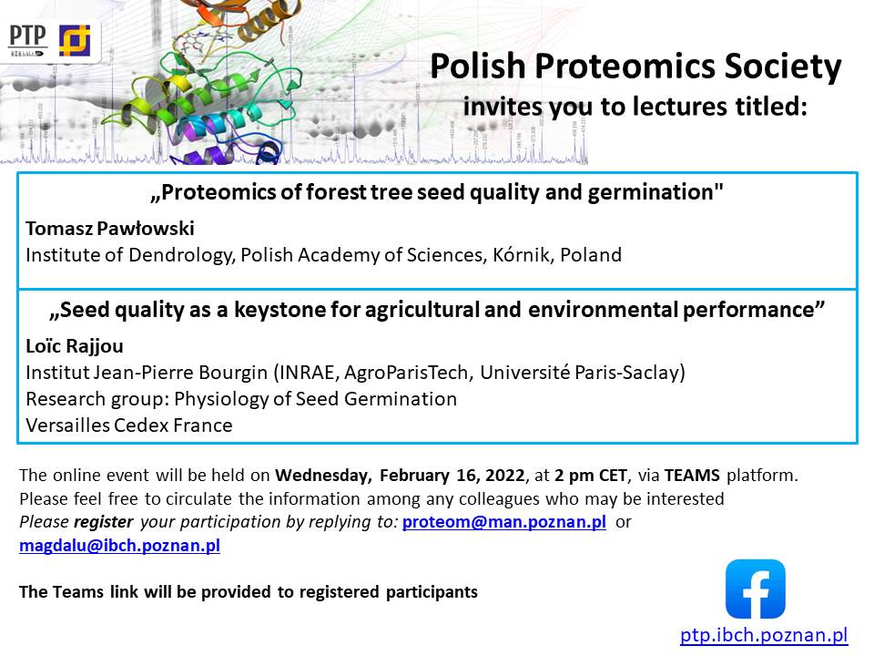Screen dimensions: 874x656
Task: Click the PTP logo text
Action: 27,36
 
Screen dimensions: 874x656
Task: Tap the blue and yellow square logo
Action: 75,41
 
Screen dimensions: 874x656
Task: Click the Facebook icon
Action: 756,589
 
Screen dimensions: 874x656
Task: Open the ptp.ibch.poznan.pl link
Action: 764,635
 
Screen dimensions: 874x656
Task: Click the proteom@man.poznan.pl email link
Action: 503,521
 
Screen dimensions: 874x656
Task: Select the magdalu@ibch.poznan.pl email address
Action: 120,545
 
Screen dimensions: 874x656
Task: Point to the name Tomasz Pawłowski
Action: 110,228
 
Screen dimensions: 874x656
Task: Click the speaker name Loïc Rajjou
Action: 75,346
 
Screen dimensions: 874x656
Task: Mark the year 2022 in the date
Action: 505,476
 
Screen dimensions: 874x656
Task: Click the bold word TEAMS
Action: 692,476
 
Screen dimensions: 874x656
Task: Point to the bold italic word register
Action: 104,522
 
